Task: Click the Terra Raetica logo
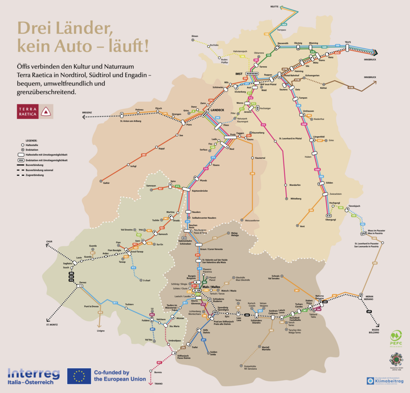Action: click(35, 112)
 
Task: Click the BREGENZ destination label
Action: click(87, 112)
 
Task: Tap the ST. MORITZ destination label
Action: click(52, 324)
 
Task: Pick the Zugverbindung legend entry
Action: click(36, 175)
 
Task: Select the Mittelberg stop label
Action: click(296, 199)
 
